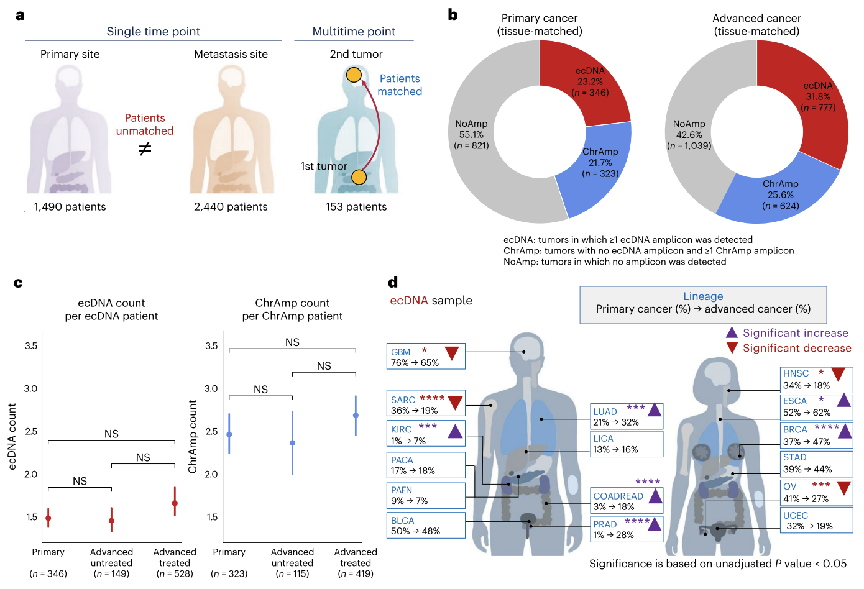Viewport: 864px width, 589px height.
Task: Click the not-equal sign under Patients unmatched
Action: pyautogui.click(x=144, y=149)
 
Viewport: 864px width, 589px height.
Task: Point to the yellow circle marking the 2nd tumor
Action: pyautogui.click(x=354, y=75)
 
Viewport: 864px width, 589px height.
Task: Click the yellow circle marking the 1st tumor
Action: pyautogui.click(x=359, y=178)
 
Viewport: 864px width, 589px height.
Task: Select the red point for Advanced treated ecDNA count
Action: pyautogui.click(x=175, y=503)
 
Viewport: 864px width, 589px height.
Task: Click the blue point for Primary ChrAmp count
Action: pyautogui.click(x=229, y=434)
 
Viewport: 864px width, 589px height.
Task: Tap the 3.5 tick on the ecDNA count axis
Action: pyautogui.click(x=31, y=345)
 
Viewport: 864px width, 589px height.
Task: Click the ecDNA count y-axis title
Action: pyautogui.click(x=12, y=436)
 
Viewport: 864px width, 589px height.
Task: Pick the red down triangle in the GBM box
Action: pyautogui.click(x=452, y=353)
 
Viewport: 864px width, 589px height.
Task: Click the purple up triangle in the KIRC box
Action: pyautogui.click(x=456, y=431)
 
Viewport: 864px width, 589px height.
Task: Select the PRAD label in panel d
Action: pyautogui.click(x=605, y=524)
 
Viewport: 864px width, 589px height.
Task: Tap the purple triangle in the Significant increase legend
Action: pyautogui.click(x=732, y=333)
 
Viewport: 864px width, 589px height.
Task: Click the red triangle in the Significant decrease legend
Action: pyautogui.click(x=732, y=348)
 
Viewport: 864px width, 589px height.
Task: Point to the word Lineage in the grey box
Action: pyautogui.click(x=703, y=296)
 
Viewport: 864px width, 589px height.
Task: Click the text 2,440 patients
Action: pyautogui.click(x=231, y=207)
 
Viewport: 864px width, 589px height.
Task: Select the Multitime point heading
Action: pyautogui.click(x=354, y=32)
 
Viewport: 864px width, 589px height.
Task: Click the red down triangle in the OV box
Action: pyautogui.click(x=843, y=488)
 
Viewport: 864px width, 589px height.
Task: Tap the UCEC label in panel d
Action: pyautogui.click(x=796, y=516)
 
